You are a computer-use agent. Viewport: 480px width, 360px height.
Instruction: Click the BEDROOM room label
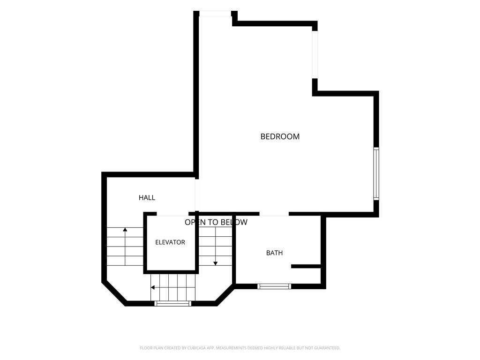coord(280,136)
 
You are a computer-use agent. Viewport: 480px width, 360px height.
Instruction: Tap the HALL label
coord(147,198)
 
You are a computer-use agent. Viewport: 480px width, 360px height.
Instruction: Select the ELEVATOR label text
coord(170,242)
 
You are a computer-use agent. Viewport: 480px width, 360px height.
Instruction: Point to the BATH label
coord(274,253)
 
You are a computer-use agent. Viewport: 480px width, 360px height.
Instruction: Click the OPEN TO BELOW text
coord(216,222)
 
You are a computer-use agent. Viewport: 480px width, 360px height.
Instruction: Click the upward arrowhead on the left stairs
coord(125,229)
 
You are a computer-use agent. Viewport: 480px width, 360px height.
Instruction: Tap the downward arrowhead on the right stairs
coord(216,263)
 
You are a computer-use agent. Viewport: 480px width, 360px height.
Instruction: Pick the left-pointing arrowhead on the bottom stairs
coord(152,288)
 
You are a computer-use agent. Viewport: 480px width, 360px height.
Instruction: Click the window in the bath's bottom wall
coord(274,286)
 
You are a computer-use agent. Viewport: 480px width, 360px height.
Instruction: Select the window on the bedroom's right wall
coord(376,173)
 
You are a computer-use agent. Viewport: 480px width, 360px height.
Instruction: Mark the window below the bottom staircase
coord(172,304)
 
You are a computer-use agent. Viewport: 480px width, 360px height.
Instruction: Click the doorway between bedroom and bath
coord(274,214)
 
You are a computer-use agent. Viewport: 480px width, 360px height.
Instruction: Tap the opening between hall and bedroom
coord(196,195)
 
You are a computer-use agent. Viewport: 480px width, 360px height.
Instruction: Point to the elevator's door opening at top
coord(172,214)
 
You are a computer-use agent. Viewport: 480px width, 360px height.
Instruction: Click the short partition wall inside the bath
coord(306,266)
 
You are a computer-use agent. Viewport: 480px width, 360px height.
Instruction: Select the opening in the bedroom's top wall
coord(215,14)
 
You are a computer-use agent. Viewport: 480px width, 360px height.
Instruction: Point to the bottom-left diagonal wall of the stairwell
coord(114,292)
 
